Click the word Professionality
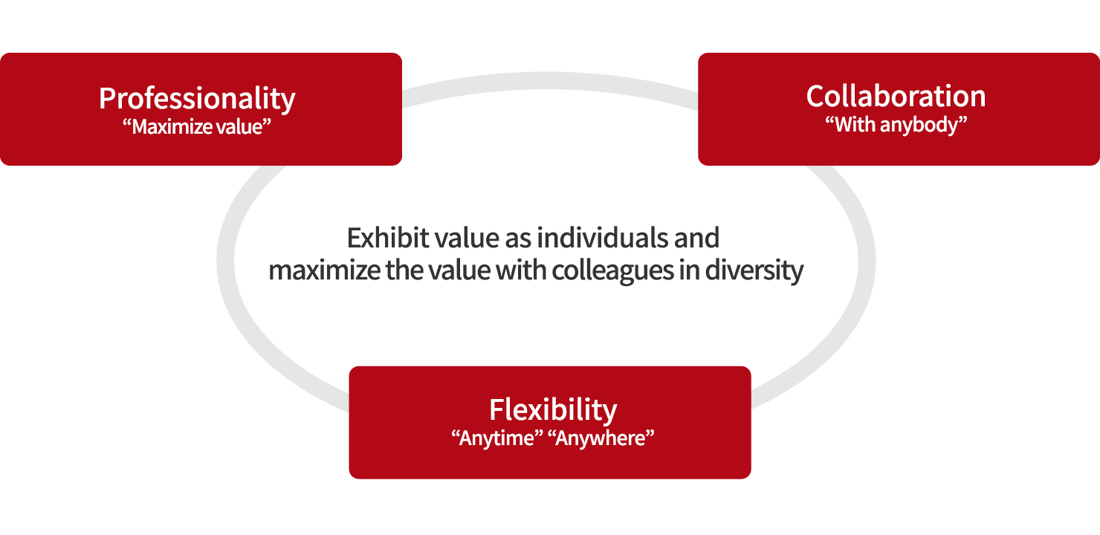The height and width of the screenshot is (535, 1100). [x=197, y=99]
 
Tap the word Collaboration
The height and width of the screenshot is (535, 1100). [x=896, y=96]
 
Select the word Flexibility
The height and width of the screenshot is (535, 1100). [x=553, y=410]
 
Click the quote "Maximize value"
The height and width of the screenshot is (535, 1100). [x=197, y=126]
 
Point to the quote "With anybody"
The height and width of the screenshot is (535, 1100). [x=896, y=125]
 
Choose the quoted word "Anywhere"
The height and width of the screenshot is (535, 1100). [x=604, y=438]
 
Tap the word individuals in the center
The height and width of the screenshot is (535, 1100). [x=602, y=238]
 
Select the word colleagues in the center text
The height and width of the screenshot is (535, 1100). [x=612, y=271]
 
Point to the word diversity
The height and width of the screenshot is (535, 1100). [x=754, y=271]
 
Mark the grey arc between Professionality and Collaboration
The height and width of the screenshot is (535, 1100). [x=550, y=81]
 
